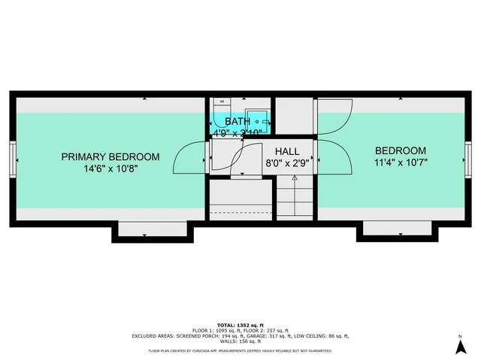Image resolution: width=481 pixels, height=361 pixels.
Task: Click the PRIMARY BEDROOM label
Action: (110, 156)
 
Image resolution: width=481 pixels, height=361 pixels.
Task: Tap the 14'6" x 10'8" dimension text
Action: (110, 169)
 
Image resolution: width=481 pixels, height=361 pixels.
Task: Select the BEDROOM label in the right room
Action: (400, 150)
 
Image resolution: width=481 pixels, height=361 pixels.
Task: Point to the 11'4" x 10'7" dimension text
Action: (400, 162)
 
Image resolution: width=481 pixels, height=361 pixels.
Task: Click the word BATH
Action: (237, 121)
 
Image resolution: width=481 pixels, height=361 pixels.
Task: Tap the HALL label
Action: (286, 151)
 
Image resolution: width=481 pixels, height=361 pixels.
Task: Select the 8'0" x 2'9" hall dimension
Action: (286, 163)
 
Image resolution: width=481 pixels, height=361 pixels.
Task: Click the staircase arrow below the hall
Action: (295, 180)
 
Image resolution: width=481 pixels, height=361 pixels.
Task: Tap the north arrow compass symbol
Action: (459, 346)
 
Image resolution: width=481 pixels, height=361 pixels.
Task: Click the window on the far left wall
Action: (13, 159)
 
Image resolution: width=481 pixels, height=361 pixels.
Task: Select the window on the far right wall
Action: (467, 159)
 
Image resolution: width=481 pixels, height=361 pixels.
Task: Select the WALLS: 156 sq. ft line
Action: (240, 341)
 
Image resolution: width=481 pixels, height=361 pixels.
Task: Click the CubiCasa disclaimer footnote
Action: (240, 350)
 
